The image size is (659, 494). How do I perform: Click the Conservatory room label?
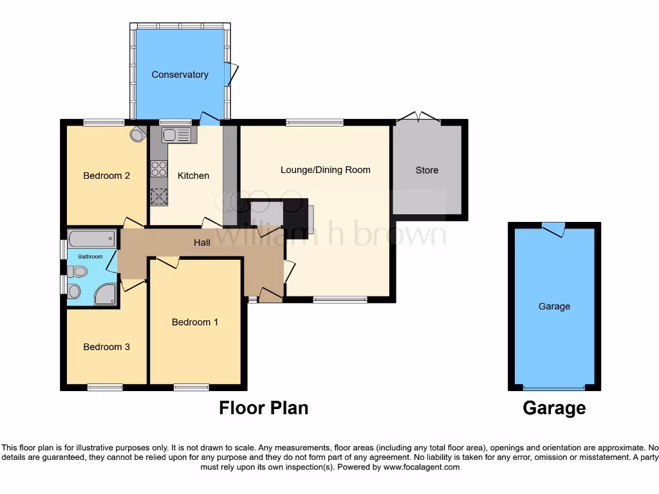180,75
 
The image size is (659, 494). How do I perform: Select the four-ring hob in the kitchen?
158,169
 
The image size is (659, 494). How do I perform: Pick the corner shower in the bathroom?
107,295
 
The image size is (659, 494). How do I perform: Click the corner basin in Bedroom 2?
137,134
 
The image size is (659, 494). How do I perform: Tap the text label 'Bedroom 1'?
194,322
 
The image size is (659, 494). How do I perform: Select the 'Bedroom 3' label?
107,347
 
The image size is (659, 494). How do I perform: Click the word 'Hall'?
202,242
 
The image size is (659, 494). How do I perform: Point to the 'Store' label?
427,170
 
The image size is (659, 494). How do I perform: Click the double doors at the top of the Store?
418,118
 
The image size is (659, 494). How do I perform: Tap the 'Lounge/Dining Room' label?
325,170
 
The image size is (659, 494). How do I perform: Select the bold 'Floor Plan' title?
263,408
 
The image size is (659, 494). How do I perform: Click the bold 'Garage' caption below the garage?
554,408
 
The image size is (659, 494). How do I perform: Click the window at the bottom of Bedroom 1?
191,387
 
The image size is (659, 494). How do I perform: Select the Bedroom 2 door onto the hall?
133,223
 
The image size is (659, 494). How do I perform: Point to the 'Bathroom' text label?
90,257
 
